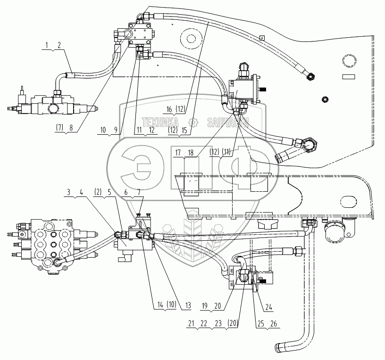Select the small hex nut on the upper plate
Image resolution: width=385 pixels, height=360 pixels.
point(325,99)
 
